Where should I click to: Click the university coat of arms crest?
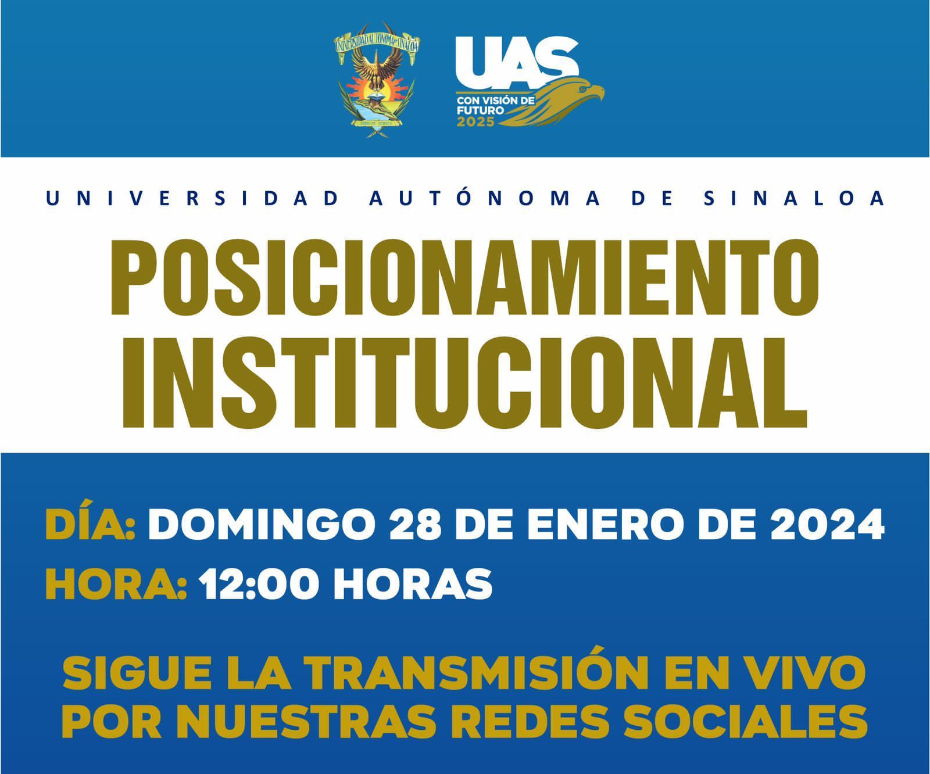[x=377, y=80]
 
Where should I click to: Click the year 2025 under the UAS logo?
[x=475, y=122]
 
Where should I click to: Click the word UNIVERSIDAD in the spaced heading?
[x=192, y=199]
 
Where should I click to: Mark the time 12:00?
[x=260, y=583]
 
